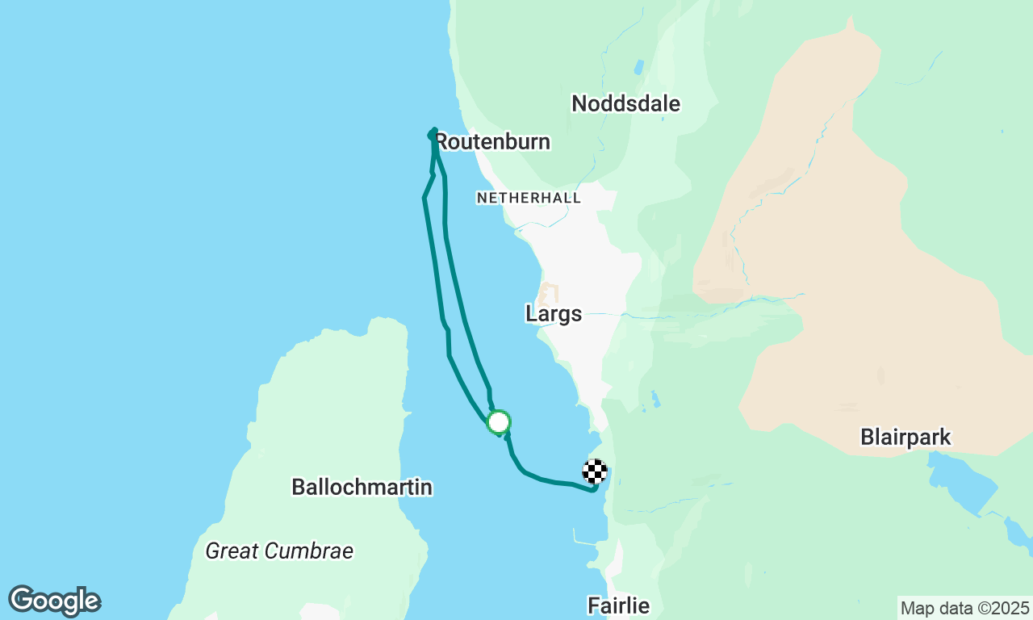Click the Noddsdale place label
coord(625,103)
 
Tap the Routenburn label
coord(493,142)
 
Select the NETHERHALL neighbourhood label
coord(529,198)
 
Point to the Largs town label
coord(554,314)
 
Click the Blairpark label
coord(905,438)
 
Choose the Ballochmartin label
coord(362,488)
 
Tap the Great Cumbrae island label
coord(279,551)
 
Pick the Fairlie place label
coord(618,605)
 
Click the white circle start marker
coord(499,422)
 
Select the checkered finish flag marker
coord(595,471)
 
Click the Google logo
coord(54,601)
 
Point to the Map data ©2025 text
coord(964,608)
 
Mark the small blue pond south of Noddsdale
coord(639,67)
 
